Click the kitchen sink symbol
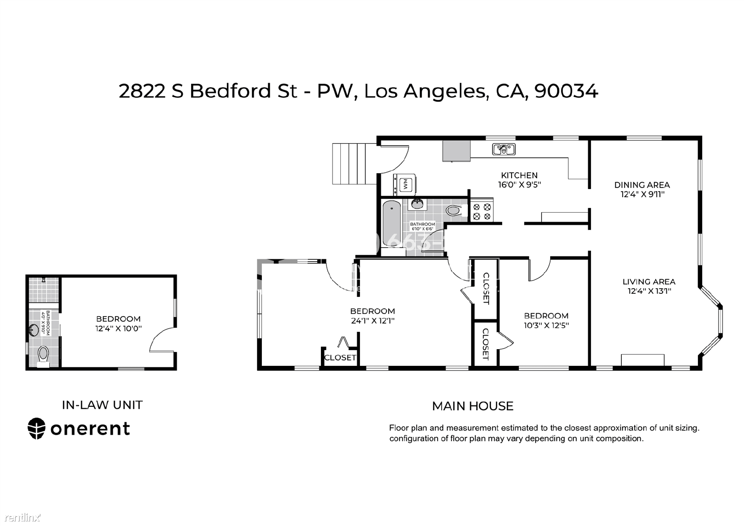[x=504, y=149]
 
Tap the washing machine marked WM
[x=405, y=184]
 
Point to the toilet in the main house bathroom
[x=454, y=210]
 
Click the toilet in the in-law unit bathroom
[x=43, y=356]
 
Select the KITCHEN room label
[x=519, y=175]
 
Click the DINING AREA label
[x=642, y=185]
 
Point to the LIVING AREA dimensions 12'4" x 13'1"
[x=649, y=291]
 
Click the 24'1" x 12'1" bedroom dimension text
[x=372, y=321]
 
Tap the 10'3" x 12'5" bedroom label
[x=546, y=325]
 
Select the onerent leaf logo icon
[x=37, y=428]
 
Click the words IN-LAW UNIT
[x=102, y=405]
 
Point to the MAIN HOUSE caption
[x=472, y=406]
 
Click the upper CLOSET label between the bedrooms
[x=486, y=288]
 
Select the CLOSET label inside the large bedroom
[x=340, y=357]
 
